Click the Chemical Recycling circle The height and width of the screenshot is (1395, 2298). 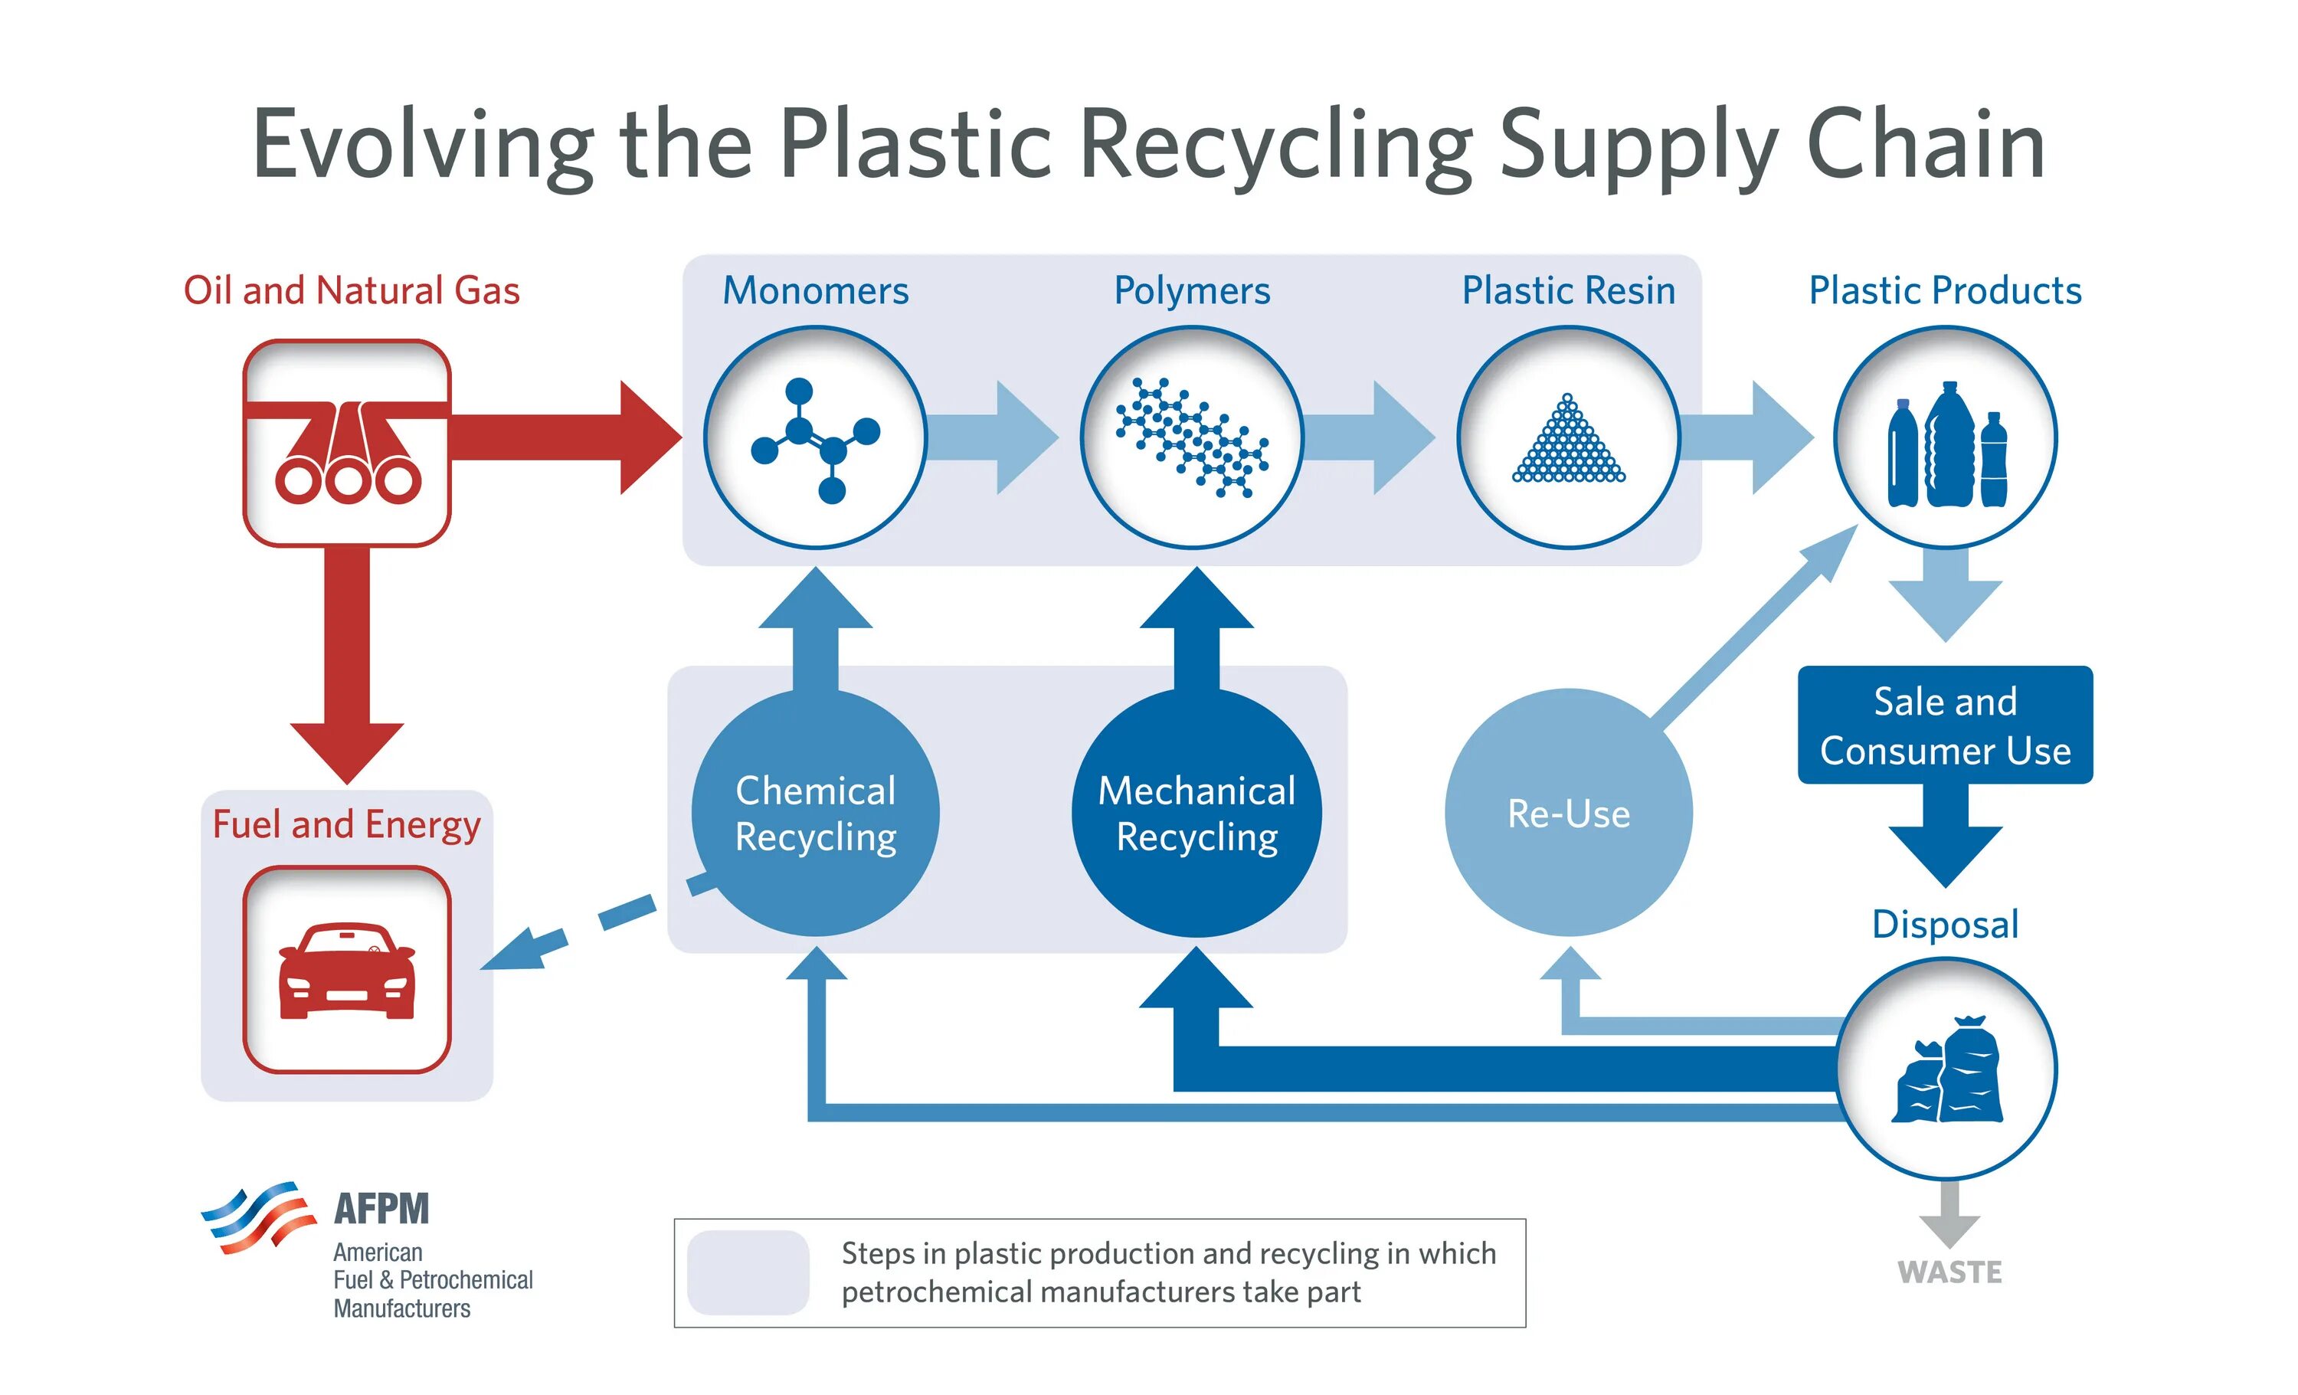816,812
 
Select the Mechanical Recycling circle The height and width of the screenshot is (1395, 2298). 1197,812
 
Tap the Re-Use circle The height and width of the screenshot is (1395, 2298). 1570,812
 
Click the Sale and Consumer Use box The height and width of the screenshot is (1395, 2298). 1946,725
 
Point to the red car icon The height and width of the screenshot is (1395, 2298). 347,971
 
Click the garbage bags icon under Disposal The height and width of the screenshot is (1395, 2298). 1948,1069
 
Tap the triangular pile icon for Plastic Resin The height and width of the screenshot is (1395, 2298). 1570,437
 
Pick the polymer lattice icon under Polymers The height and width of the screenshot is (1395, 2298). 1193,437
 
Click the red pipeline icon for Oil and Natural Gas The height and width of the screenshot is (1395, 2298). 347,443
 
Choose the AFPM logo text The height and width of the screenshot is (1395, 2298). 382,1209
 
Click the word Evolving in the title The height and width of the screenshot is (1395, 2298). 424,146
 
